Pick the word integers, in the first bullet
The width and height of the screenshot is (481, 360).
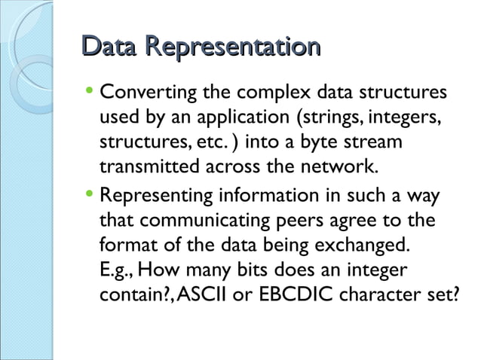click(401, 120)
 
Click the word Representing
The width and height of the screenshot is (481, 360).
click(153, 197)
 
